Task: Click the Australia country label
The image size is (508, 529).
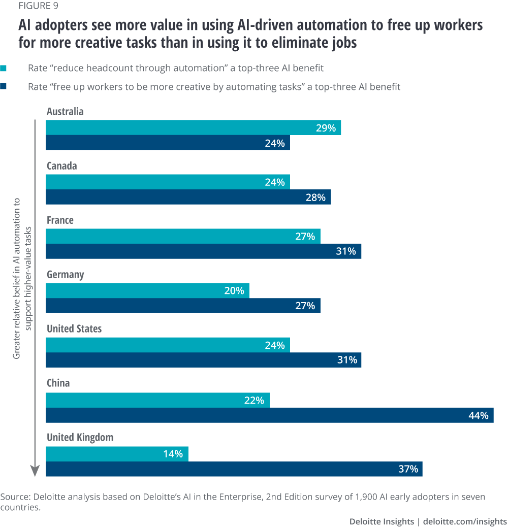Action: tap(65, 111)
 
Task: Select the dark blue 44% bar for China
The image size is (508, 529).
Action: tap(269, 415)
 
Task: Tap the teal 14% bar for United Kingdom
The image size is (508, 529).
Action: tap(117, 454)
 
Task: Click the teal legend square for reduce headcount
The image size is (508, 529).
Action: tap(4, 68)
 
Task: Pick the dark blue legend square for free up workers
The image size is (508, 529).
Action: tap(4, 87)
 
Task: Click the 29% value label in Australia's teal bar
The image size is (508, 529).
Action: tap(326, 128)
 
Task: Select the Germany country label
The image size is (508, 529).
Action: tap(65, 275)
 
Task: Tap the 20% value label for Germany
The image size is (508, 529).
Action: tap(234, 291)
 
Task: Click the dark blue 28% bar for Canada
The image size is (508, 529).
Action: tap(188, 197)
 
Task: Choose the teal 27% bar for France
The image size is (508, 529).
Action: tap(183, 236)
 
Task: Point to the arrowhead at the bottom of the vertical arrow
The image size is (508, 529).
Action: tap(34, 472)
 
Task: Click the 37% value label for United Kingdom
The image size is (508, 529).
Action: tap(408, 469)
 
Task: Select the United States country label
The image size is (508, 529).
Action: tap(74, 329)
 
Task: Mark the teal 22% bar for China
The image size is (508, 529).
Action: tap(157, 400)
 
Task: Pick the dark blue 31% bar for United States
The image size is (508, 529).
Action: tap(203, 360)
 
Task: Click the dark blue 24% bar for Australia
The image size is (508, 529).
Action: tap(168, 143)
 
